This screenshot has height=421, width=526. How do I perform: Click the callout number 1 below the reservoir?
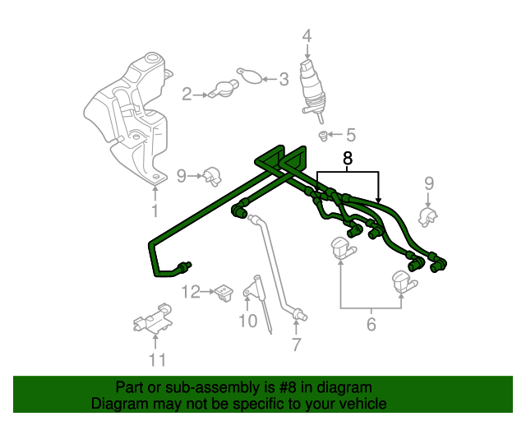(x=154, y=211)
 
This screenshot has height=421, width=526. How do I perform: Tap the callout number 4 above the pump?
(x=307, y=36)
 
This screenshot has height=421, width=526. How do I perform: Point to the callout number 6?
(x=371, y=325)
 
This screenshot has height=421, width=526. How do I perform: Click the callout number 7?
(x=296, y=345)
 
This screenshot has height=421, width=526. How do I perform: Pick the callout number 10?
(x=247, y=321)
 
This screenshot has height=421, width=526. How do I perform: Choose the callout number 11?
(x=156, y=359)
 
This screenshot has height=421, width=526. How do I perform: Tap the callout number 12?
(x=189, y=291)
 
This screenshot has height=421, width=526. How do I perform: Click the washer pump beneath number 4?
(x=312, y=86)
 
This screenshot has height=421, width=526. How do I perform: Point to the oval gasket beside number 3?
(x=251, y=77)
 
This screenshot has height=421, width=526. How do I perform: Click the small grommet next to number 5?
(x=323, y=134)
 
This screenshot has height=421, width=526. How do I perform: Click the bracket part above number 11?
(x=153, y=318)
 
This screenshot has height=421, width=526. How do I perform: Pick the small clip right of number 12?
(x=223, y=292)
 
